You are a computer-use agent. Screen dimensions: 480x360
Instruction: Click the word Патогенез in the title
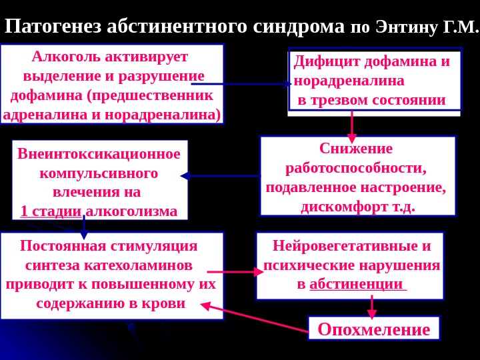pyautogui.click(x=53, y=26)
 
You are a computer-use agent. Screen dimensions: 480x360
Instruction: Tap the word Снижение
pyautogui.click(x=356, y=148)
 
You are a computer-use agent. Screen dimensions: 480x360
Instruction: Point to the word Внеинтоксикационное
pyautogui.click(x=99, y=154)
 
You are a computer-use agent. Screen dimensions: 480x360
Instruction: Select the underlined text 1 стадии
pyautogui.click(x=51, y=212)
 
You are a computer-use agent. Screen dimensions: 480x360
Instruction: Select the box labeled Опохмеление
pyautogui.click(x=373, y=329)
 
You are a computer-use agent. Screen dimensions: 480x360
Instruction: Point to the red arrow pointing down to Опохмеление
pyautogui.click(x=373, y=307)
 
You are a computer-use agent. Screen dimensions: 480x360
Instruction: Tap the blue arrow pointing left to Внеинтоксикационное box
pyautogui.click(x=220, y=176)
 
